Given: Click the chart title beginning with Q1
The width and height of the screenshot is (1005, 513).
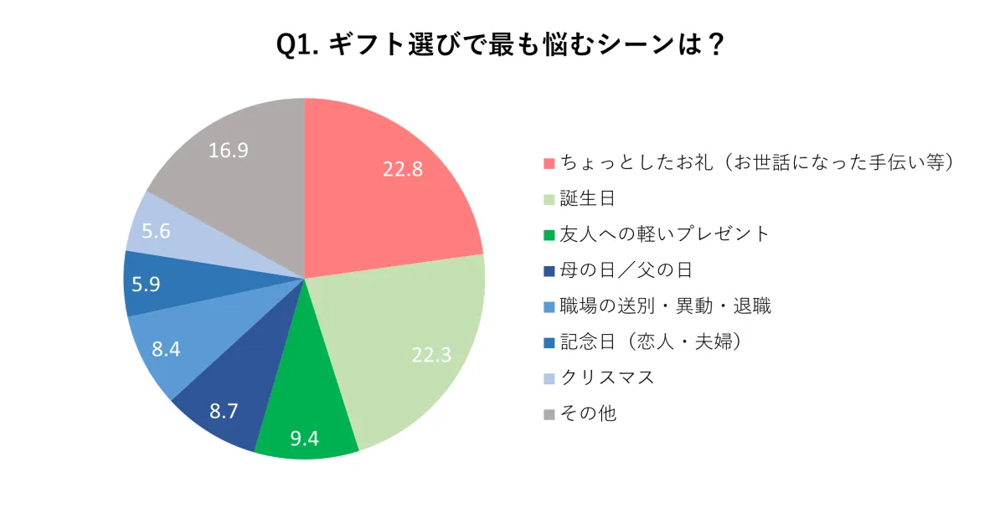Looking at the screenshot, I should click(x=501, y=44).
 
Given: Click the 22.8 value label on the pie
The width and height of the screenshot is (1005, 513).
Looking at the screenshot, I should click(x=403, y=168).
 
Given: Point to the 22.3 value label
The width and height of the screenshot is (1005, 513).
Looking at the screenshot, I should click(x=431, y=355).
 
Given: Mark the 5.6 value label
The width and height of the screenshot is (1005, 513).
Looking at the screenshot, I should click(x=157, y=231).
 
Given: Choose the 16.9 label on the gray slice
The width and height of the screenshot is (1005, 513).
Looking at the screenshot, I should click(x=228, y=151).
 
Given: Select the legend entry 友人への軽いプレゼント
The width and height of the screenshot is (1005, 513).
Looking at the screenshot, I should click(x=664, y=234).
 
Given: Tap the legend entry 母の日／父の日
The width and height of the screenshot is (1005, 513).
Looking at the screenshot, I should click(x=626, y=270).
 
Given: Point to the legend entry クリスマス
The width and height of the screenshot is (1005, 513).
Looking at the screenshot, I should click(x=607, y=377).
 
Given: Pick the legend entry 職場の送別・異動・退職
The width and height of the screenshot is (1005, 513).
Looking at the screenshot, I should click(x=665, y=306).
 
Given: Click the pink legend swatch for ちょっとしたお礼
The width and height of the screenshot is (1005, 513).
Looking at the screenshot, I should click(x=549, y=163).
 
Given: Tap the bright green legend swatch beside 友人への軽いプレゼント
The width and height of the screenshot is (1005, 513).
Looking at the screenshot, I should click(x=549, y=235).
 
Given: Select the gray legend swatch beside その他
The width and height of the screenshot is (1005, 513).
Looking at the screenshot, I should click(x=549, y=414).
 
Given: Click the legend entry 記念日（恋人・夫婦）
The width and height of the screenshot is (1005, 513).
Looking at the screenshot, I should click(x=652, y=341).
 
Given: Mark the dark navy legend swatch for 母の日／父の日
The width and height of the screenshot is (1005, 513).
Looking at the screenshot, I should click(x=549, y=271).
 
